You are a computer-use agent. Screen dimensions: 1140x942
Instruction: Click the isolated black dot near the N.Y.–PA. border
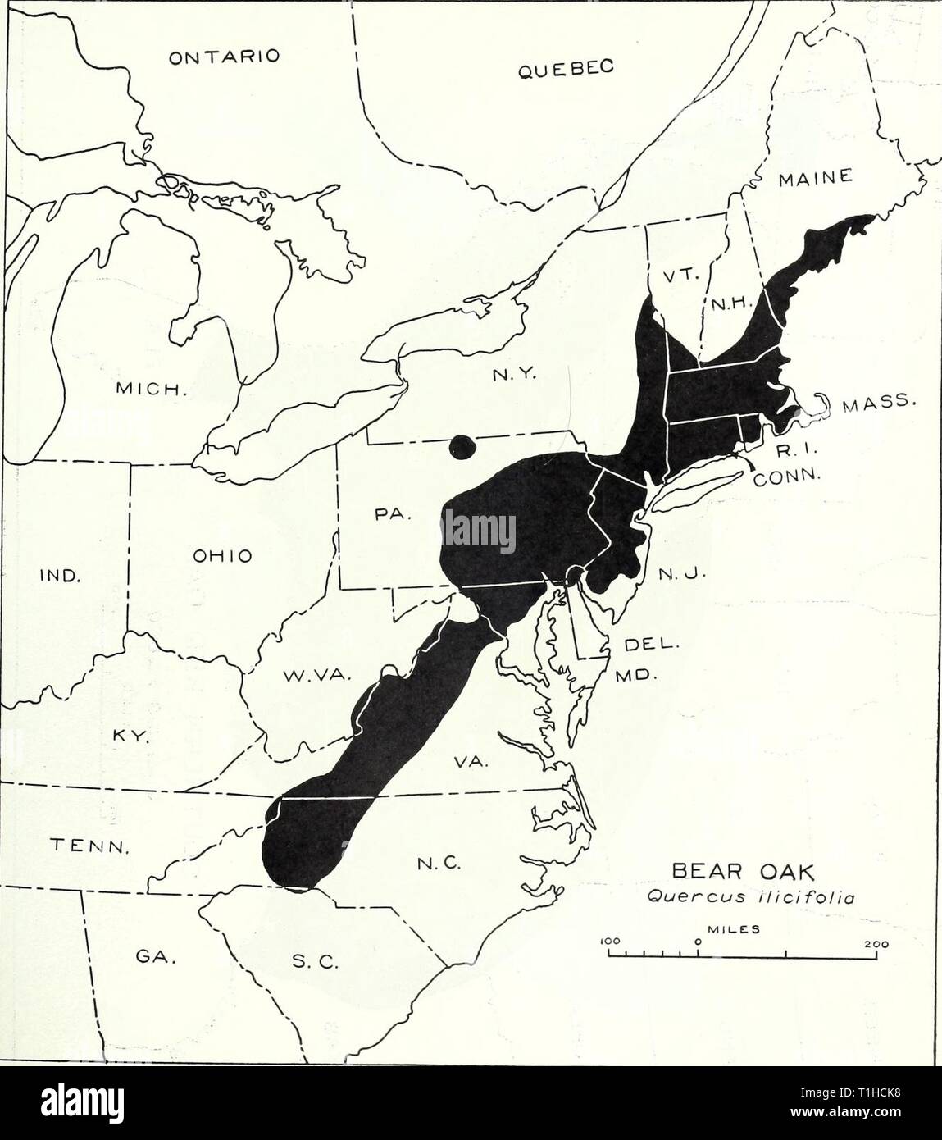pyautogui.click(x=463, y=448)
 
